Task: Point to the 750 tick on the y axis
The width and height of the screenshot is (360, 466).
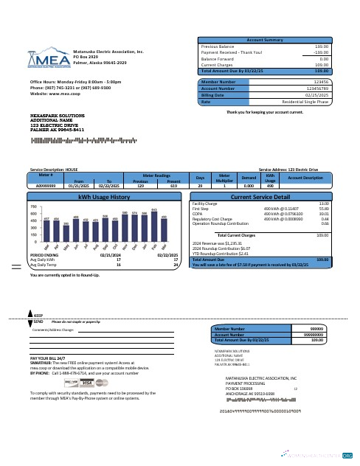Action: pyautogui.click(x=34, y=208)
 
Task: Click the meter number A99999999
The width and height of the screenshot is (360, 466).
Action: pyautogui.click(x=46, y=187)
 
